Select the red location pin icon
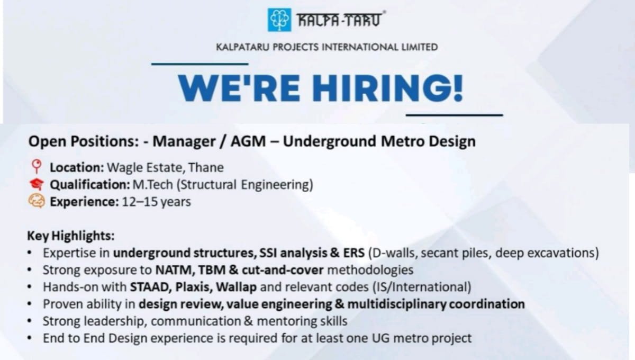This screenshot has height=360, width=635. coord(37,167)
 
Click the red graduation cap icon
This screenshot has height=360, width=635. coord(37,184)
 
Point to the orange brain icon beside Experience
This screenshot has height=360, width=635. coord(37,202)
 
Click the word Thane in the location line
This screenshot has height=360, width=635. coord(207,168)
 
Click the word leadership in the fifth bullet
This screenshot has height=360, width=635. coord(106,321)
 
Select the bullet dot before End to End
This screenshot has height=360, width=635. coord(31,338)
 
